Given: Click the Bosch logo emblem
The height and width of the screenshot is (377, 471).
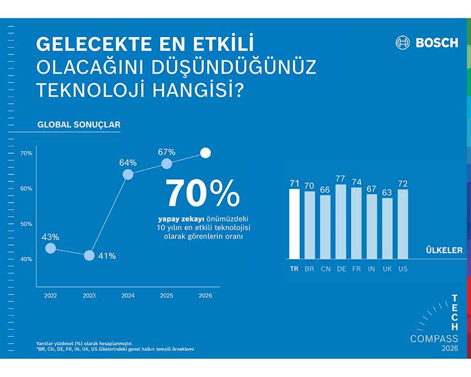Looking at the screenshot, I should [403, 42].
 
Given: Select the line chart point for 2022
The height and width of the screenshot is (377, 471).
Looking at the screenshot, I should [51, 249].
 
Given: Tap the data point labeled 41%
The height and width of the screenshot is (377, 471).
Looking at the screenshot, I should [89, 256].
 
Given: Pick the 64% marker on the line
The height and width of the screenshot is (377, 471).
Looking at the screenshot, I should [128, 174].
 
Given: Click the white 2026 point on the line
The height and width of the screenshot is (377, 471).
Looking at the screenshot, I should [205, 153].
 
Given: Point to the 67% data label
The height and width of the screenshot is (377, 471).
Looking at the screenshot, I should [167, 152].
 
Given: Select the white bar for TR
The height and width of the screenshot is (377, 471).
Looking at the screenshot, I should [294, 224].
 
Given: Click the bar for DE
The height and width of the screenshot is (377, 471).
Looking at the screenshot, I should [341, 221].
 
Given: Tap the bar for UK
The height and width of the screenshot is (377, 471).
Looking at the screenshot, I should [387, 229].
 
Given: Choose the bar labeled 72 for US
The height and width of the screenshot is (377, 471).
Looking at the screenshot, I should [403, 224].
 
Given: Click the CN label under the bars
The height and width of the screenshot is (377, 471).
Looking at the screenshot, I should [325, 269].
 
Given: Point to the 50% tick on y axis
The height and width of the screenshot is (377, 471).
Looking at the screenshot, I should [26, 224].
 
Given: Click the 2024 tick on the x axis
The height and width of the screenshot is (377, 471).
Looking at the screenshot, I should [128, 296].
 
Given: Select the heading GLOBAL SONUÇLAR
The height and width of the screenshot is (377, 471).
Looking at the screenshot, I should [78, 125].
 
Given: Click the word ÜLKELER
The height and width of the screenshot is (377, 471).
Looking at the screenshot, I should [444, 250].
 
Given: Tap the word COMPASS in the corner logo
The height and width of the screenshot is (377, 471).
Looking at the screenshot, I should [434, 339].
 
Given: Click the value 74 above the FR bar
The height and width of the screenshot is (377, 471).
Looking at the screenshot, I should [356, 183].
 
